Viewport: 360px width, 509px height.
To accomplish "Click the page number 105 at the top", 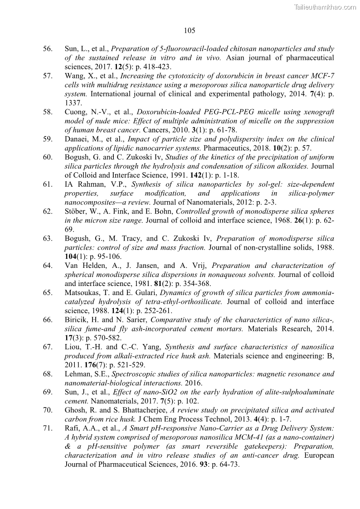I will click(x=190, y=31).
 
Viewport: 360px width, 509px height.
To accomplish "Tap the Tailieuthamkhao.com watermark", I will click(x=325, y=7).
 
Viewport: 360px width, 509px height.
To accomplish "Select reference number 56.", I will click(x=48, y=48).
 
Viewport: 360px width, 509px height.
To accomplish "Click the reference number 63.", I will click(x=48, y=238).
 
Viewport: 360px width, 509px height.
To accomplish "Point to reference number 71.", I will click(x=48, y=428).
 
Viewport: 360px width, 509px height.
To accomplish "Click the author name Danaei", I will click(x=77, y=139).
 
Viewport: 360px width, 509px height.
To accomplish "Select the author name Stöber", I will click(x=77, y=212).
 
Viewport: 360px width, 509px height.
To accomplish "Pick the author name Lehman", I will click(x=78, y=374).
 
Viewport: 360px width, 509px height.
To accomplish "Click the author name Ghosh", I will click(x=76, y=410).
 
